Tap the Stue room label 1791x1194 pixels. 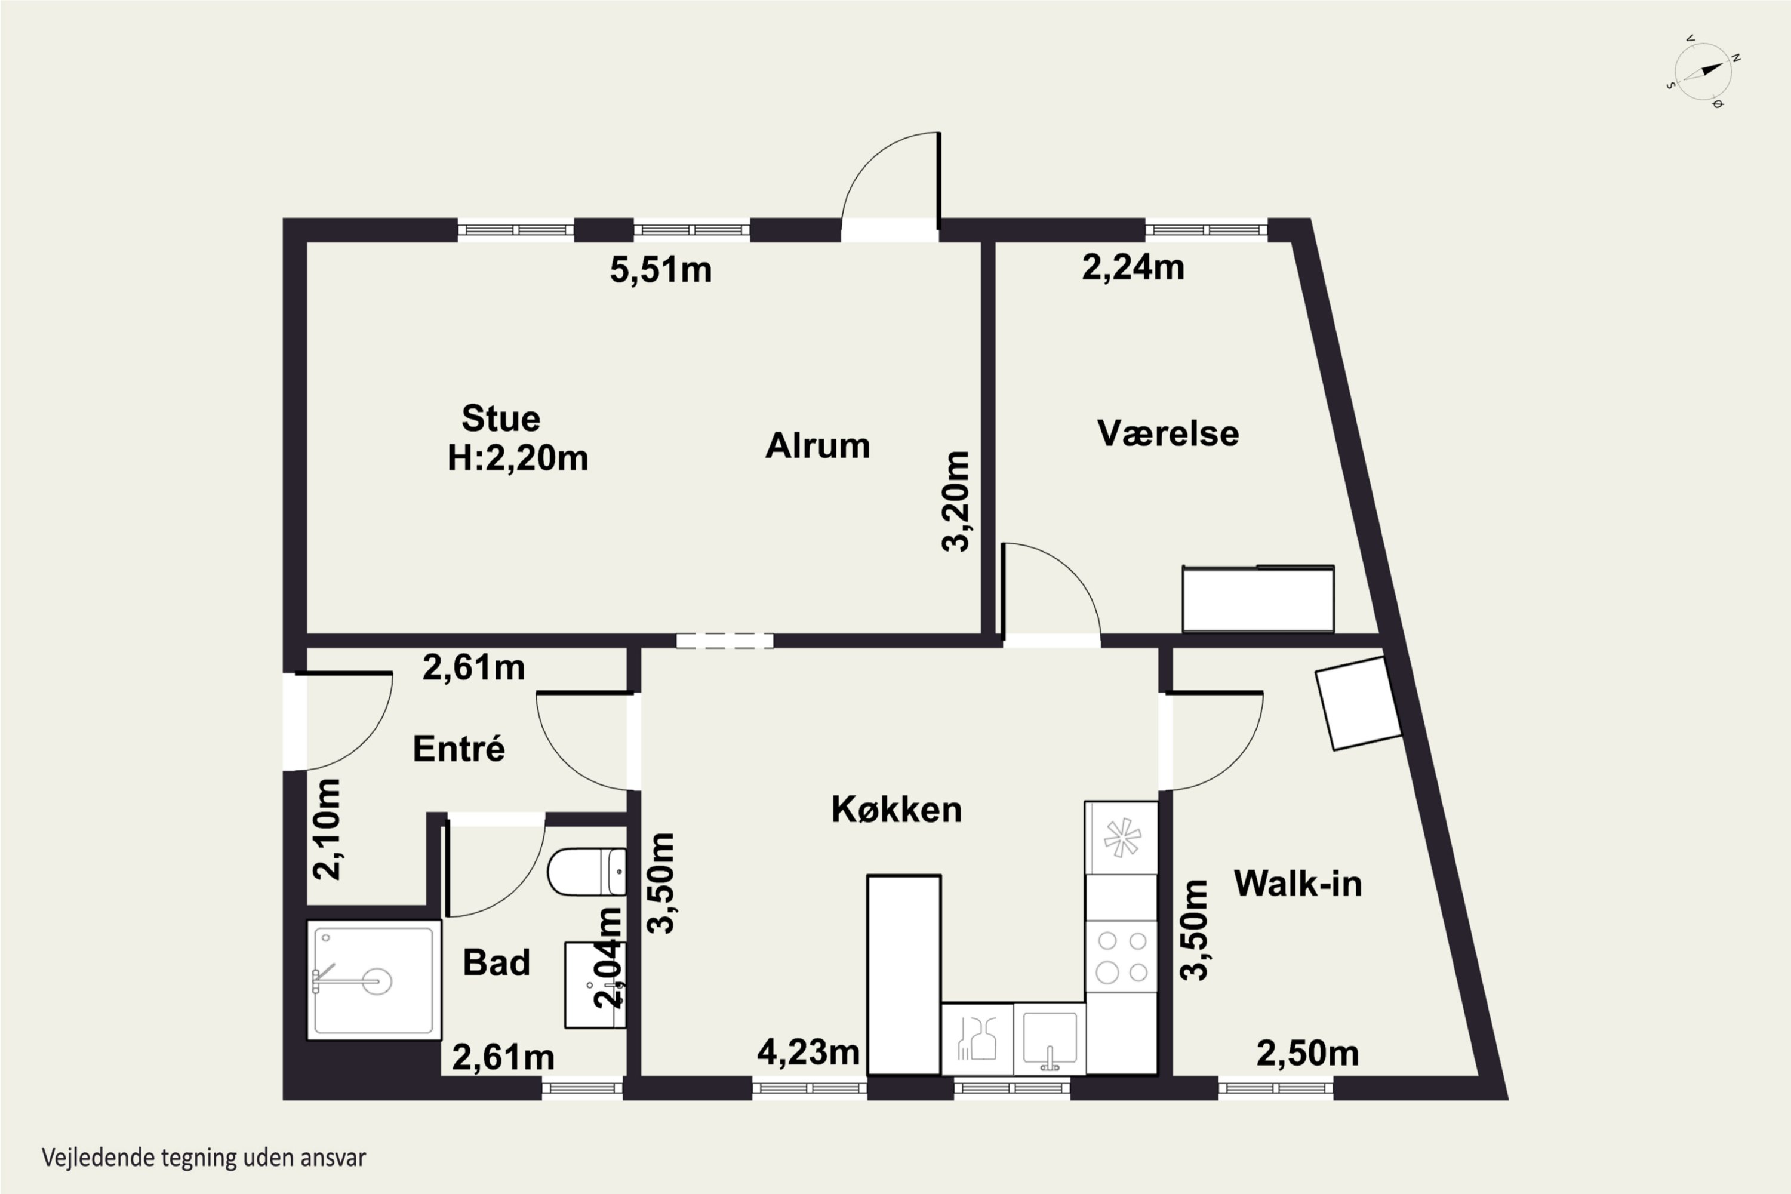click(501, 419)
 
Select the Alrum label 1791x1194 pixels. click(817, 445)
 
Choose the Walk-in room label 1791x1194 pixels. click(1297, 884)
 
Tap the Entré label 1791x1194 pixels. click(458, 749)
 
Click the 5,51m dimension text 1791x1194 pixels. click(660, 270)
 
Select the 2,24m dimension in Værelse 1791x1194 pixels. click(1133, 267)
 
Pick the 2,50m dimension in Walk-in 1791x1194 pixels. click(1307, 1054)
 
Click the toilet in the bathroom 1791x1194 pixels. click(586, 872)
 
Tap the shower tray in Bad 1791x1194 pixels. click(374, 979)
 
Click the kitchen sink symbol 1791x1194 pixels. click(1050, 1039)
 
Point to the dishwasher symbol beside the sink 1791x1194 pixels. click(978, 1039)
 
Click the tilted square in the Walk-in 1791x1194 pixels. click(1359, 704)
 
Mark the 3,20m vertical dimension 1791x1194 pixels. click(956, 501)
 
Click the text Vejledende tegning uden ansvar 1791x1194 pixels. click(204, 1158)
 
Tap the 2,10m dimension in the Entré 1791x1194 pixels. click(327, 829)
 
